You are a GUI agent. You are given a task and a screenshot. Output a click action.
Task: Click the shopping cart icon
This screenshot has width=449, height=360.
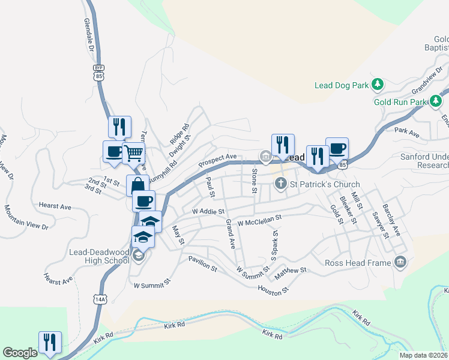tap(133, 153)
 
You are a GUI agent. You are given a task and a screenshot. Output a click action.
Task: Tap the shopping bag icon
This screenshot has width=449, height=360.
tap(137, 185)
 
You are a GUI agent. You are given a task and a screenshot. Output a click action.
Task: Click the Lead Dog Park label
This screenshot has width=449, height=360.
tap(342, 85)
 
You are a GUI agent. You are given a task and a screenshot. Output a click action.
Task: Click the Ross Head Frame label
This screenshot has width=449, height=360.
tap(358, 262)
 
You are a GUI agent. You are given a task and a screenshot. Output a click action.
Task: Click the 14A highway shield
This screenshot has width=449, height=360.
tap(100, 298)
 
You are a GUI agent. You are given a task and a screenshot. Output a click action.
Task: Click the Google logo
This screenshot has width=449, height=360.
tap(20, 353)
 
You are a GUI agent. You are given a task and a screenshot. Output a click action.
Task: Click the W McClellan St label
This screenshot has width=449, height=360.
tap(259, 221)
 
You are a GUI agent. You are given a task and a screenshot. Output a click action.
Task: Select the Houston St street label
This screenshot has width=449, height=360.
tap(274, 290)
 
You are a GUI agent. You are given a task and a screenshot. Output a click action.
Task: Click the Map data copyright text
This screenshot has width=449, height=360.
tap(423, 355)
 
